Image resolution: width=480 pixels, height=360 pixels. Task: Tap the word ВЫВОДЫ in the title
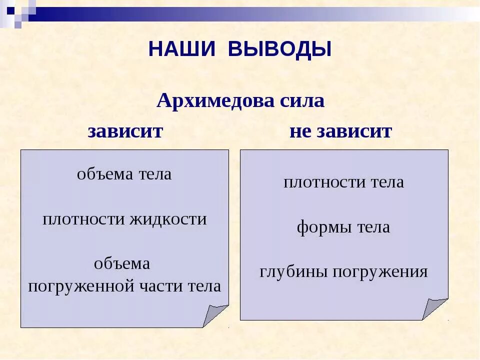tap(280, 49)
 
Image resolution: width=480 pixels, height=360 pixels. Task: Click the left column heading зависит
tap(125, 131)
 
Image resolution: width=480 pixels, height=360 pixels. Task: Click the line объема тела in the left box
tap(124, 174)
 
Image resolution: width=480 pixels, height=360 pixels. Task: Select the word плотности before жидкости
tap(84, 219)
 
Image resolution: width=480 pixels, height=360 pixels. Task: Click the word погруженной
tap(81, 286)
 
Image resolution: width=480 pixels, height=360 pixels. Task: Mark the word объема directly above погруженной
tap(122, 264)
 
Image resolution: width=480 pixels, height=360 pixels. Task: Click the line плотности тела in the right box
tap(343, 182)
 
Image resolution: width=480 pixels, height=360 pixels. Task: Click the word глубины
tap(294, 272)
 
